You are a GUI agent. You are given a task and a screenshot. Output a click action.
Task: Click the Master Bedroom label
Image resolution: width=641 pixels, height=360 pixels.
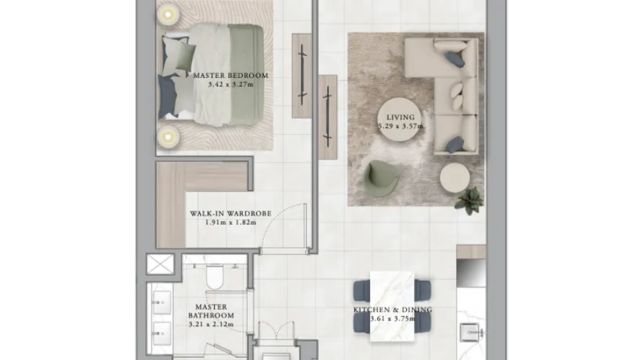230,76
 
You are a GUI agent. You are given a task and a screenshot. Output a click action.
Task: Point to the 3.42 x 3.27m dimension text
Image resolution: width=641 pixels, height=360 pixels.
230,85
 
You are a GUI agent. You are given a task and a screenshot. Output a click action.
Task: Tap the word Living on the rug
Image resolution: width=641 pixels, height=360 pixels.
400,117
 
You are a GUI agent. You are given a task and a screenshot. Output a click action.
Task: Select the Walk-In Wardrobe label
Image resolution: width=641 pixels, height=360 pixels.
220,214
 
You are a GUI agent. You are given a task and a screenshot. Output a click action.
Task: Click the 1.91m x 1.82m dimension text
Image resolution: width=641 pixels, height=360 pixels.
220,222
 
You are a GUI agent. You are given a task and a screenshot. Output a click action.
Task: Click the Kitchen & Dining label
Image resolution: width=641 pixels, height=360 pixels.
392,310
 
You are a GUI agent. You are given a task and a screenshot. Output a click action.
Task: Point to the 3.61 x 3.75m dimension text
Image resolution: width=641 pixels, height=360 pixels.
392,319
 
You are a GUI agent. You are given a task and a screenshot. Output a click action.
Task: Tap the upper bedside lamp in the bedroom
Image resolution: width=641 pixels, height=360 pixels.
167,13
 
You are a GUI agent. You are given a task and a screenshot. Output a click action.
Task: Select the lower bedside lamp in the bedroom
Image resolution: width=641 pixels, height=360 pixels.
167,134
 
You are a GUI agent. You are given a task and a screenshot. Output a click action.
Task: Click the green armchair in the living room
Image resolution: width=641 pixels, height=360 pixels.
382,178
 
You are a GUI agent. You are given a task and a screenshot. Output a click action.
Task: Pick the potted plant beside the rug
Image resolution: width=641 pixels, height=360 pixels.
469,199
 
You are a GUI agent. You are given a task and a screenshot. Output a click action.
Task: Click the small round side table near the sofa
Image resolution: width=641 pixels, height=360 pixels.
453,176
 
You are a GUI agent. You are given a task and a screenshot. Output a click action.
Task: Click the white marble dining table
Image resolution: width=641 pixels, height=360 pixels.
393,306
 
